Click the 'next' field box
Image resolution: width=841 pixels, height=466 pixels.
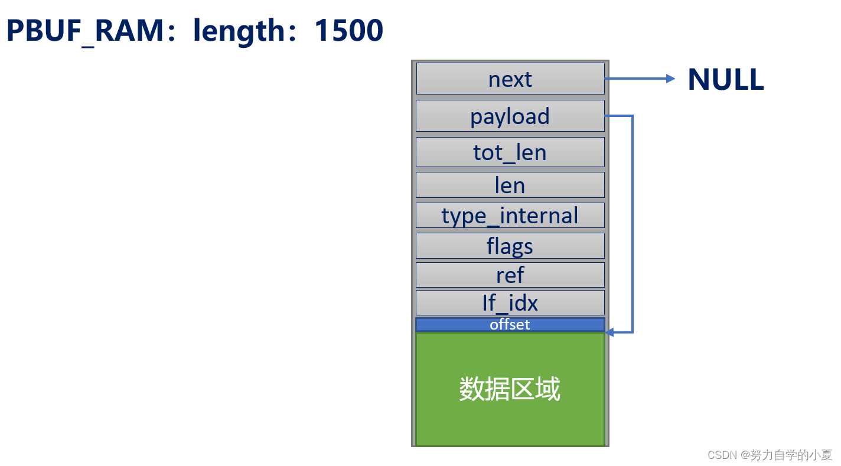coord(510,79)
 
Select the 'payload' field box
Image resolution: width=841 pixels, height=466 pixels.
coord(510,116)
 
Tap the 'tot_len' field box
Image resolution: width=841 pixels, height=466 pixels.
coord(510,152)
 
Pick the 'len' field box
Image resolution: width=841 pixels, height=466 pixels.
coord(510,185)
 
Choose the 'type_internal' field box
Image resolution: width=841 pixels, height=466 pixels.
coord(510,215)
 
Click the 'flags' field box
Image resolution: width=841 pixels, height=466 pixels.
coord(510,246)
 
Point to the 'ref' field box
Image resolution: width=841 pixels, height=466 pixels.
coord(510,275)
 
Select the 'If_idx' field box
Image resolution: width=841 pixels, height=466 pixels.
coord(510,302)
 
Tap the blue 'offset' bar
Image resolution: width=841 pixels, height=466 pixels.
coord(510,324)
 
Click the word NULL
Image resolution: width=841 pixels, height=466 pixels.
coord(726,79)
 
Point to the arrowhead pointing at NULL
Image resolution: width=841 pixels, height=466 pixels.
coord(670,79)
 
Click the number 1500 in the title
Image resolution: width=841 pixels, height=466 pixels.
coord(349,31)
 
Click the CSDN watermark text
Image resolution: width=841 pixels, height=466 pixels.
coord(723,455)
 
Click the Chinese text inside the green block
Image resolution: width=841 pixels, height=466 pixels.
coord(510,389)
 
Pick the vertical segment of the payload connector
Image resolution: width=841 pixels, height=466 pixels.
coord(633,224)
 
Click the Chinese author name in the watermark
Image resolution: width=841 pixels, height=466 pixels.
coord(791,455)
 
